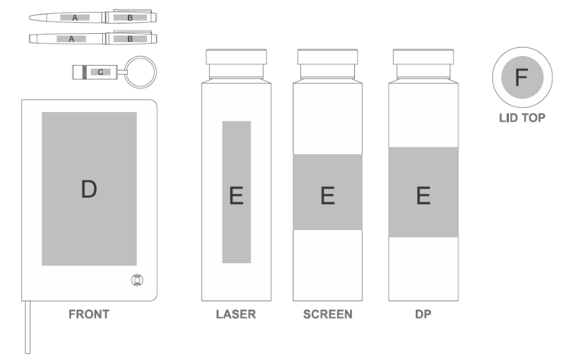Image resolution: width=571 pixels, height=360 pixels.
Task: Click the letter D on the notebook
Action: tap(89, 189)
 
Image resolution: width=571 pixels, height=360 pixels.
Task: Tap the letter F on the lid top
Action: tap(521, 77)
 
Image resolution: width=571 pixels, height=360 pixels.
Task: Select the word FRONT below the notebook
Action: tap(89, 314)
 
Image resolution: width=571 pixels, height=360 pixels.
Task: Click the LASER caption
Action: tap(236, 314)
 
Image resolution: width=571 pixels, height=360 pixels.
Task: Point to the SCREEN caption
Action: tap(328, 314)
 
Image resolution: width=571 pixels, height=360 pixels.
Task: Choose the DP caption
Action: tap(423, 314)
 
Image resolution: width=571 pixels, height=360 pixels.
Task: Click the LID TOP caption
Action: tap(522, 117)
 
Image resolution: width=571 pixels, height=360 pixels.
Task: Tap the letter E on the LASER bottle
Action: tap(236, 196)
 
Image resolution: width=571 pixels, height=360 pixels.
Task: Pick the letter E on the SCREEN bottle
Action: tap(328, 196)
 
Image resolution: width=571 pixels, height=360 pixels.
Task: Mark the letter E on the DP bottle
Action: tap(423, 196)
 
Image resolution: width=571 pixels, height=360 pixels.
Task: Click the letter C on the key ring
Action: tap(101, 72)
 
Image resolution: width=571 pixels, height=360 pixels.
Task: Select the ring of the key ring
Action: tap(140, 57)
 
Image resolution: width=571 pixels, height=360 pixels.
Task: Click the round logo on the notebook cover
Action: tap(137, 280)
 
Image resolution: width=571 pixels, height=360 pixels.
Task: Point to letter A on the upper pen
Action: tap(75, 17)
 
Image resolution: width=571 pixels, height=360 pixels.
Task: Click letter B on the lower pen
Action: tap(130, 39)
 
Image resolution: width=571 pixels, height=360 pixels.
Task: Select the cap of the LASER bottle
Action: tap(236, 57)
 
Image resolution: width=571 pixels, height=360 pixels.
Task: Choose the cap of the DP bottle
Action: tap(423, 57)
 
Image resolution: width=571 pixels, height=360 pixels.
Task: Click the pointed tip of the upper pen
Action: tap(30, 17)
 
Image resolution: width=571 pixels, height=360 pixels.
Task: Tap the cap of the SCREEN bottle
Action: tap(328, 57)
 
